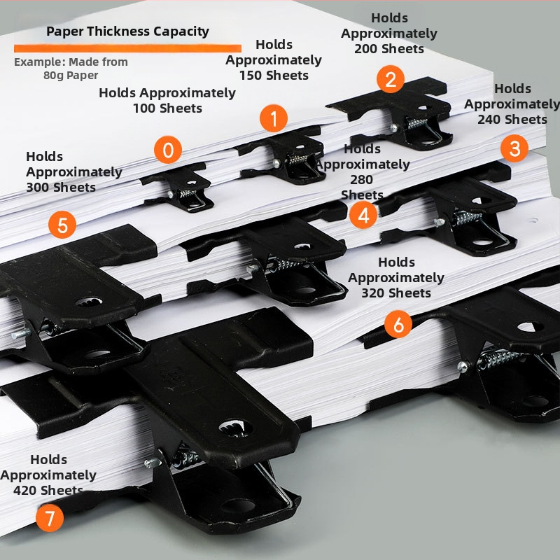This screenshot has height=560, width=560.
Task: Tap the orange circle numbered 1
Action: (274, 118)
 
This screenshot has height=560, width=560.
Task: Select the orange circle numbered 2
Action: (390, 78)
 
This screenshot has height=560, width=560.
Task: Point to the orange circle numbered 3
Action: (514, 148)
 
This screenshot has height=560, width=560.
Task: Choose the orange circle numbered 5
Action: (62, 225)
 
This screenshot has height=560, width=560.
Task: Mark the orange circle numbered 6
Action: (398, 324)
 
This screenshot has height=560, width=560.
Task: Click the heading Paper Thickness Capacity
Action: (127, 31)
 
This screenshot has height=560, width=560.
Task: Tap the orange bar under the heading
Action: (127, 48)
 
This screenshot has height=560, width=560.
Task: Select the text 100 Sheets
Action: (167, 108)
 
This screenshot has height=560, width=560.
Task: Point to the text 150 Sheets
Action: (274, 76)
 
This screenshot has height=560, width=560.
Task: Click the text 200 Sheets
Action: (389, 49)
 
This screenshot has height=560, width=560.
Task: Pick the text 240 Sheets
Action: (512, 120)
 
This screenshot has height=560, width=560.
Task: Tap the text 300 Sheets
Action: (61, 188)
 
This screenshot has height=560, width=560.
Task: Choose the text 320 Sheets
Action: (396, 293)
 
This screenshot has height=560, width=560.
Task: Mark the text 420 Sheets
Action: (48, 491)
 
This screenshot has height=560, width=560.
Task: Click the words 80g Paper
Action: (71, 76)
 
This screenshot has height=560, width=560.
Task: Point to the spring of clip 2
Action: (419, 122)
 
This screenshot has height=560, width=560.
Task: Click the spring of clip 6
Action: (498, 358)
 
